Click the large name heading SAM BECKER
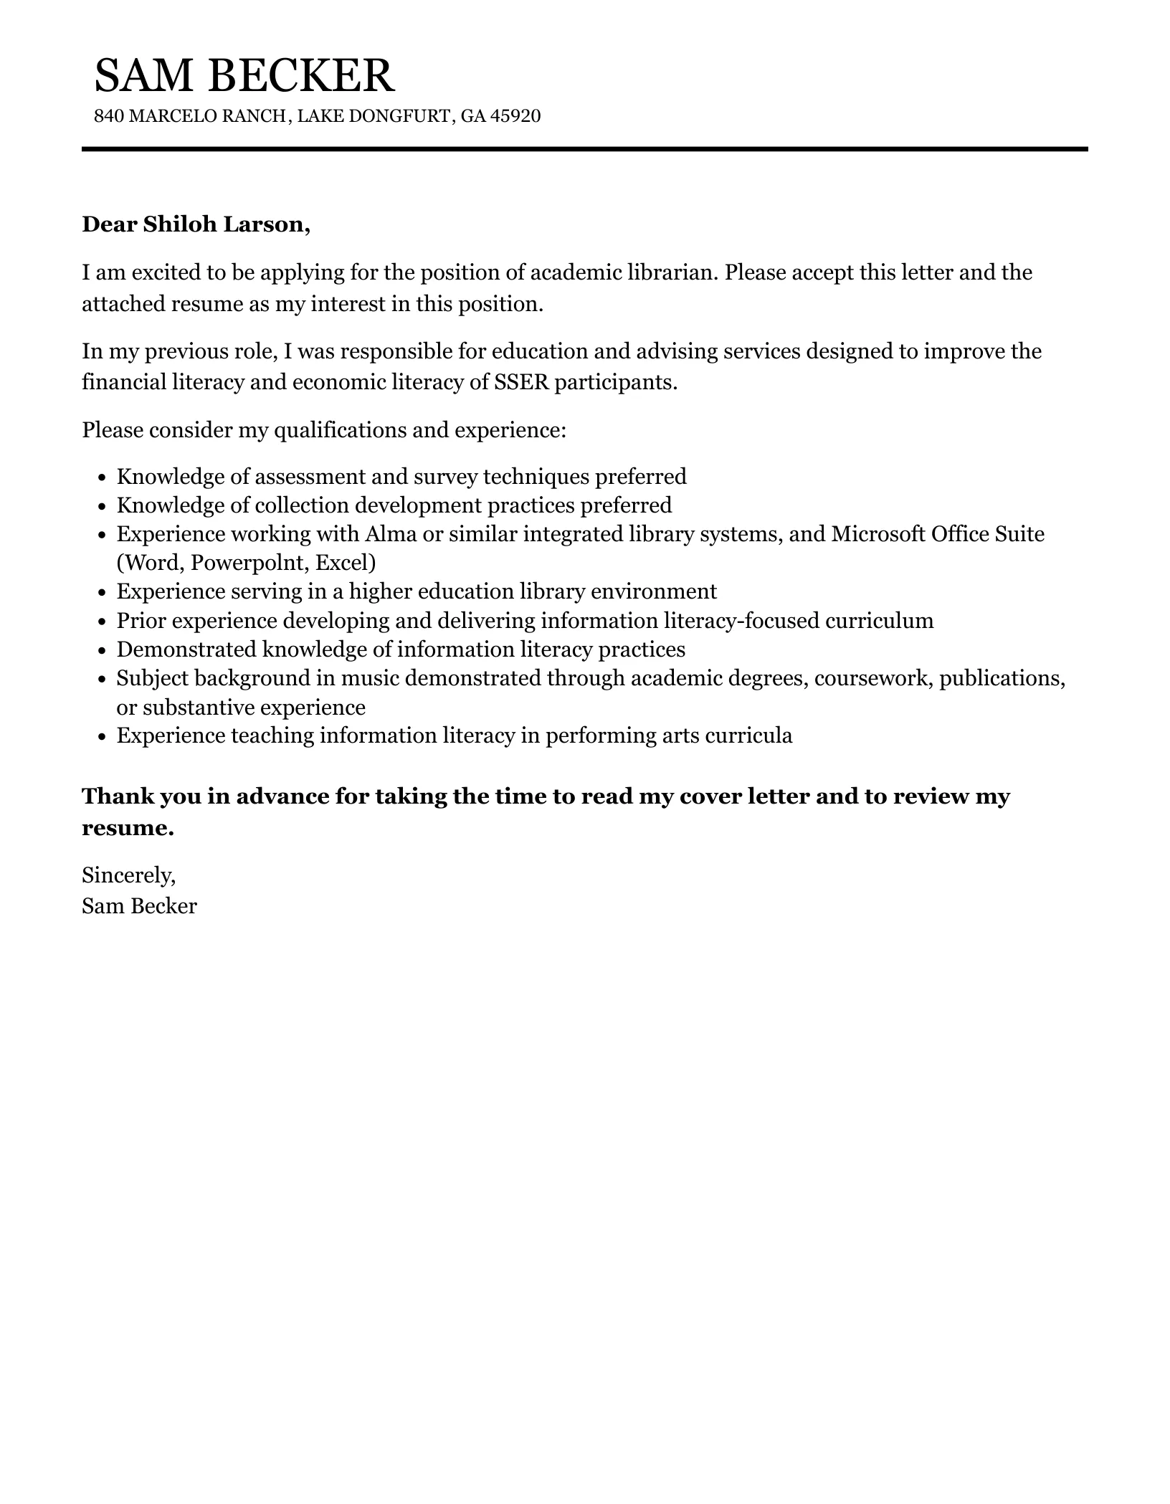244,75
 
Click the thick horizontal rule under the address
584,149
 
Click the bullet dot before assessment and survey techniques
101,477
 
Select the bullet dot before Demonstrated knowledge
101,650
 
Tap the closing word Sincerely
128,875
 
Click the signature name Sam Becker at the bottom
139,907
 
